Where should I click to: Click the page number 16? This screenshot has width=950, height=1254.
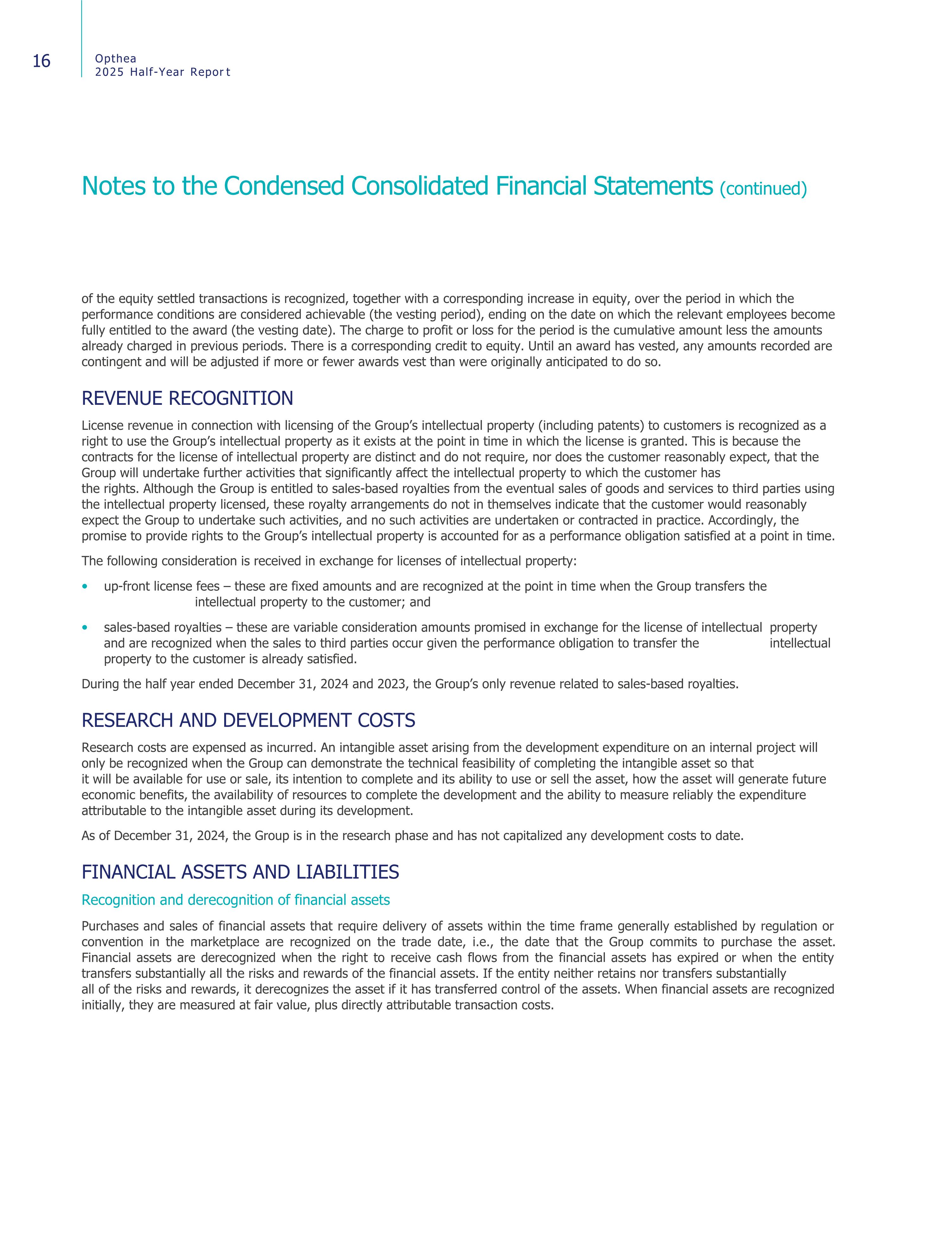coord(41,61)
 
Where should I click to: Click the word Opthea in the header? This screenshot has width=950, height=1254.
coord(116,58)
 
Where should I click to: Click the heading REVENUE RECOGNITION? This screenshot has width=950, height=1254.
coord(187,398)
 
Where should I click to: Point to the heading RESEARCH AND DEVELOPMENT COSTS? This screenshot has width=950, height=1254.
coord(248,721)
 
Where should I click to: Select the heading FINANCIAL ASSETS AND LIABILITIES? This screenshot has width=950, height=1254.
coord(240,872)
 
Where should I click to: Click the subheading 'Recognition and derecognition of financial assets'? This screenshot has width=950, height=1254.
coord(236,900)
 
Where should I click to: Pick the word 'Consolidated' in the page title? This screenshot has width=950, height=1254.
coord(420,186)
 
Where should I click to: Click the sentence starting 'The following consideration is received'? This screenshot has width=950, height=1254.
coord(329,561)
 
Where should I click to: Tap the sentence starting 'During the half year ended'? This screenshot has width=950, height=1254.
coord(410,684)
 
